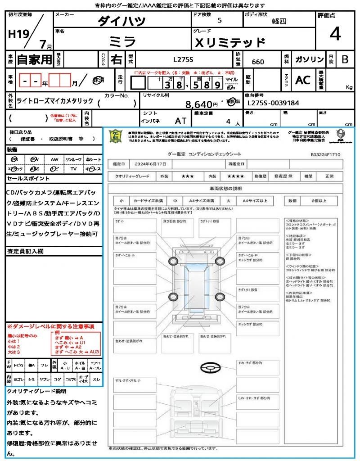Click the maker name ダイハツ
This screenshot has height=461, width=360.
pos(121,21)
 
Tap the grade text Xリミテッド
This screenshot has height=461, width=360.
pos(229,42)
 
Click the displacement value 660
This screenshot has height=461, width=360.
pos(258,62)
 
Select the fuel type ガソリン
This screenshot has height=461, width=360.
pos(309,59)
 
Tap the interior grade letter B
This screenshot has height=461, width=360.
pos(345,59)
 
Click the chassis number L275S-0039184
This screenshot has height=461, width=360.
pos(273,103)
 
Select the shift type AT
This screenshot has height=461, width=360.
pos(180,121)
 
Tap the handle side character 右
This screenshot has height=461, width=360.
pos(116,59)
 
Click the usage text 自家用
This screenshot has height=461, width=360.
pos(34,59)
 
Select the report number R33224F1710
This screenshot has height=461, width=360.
pos(325,154)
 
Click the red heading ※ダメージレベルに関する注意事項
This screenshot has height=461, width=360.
pos(50,326)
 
